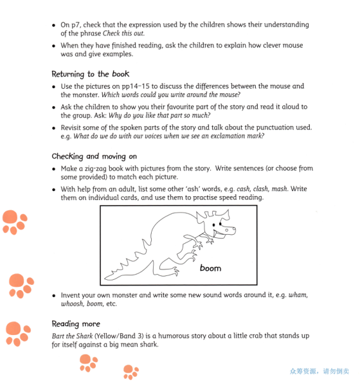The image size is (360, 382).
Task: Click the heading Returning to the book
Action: pyautogui.click(x=90, y=74)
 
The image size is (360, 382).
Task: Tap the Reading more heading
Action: pyautogui.click(x=76, y=323)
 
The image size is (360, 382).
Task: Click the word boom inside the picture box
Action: pyautogui.click(x=210, y=268)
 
